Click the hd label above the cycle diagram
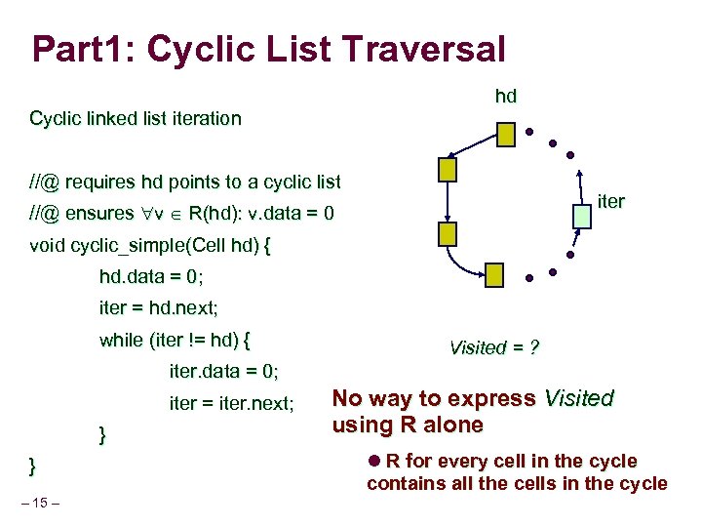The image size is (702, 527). click(505, 96)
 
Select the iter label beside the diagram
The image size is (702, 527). click(610, 202)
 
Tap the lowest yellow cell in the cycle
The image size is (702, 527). click(495, 274)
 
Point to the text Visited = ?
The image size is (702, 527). click(494, 348)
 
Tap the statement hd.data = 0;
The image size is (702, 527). click(151, 277)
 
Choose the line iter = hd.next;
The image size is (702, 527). click(159, 308)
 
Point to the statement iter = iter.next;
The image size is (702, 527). click(232, 403)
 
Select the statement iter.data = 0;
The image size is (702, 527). click(224, 372)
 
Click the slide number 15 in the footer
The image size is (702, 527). click(45, 503)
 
